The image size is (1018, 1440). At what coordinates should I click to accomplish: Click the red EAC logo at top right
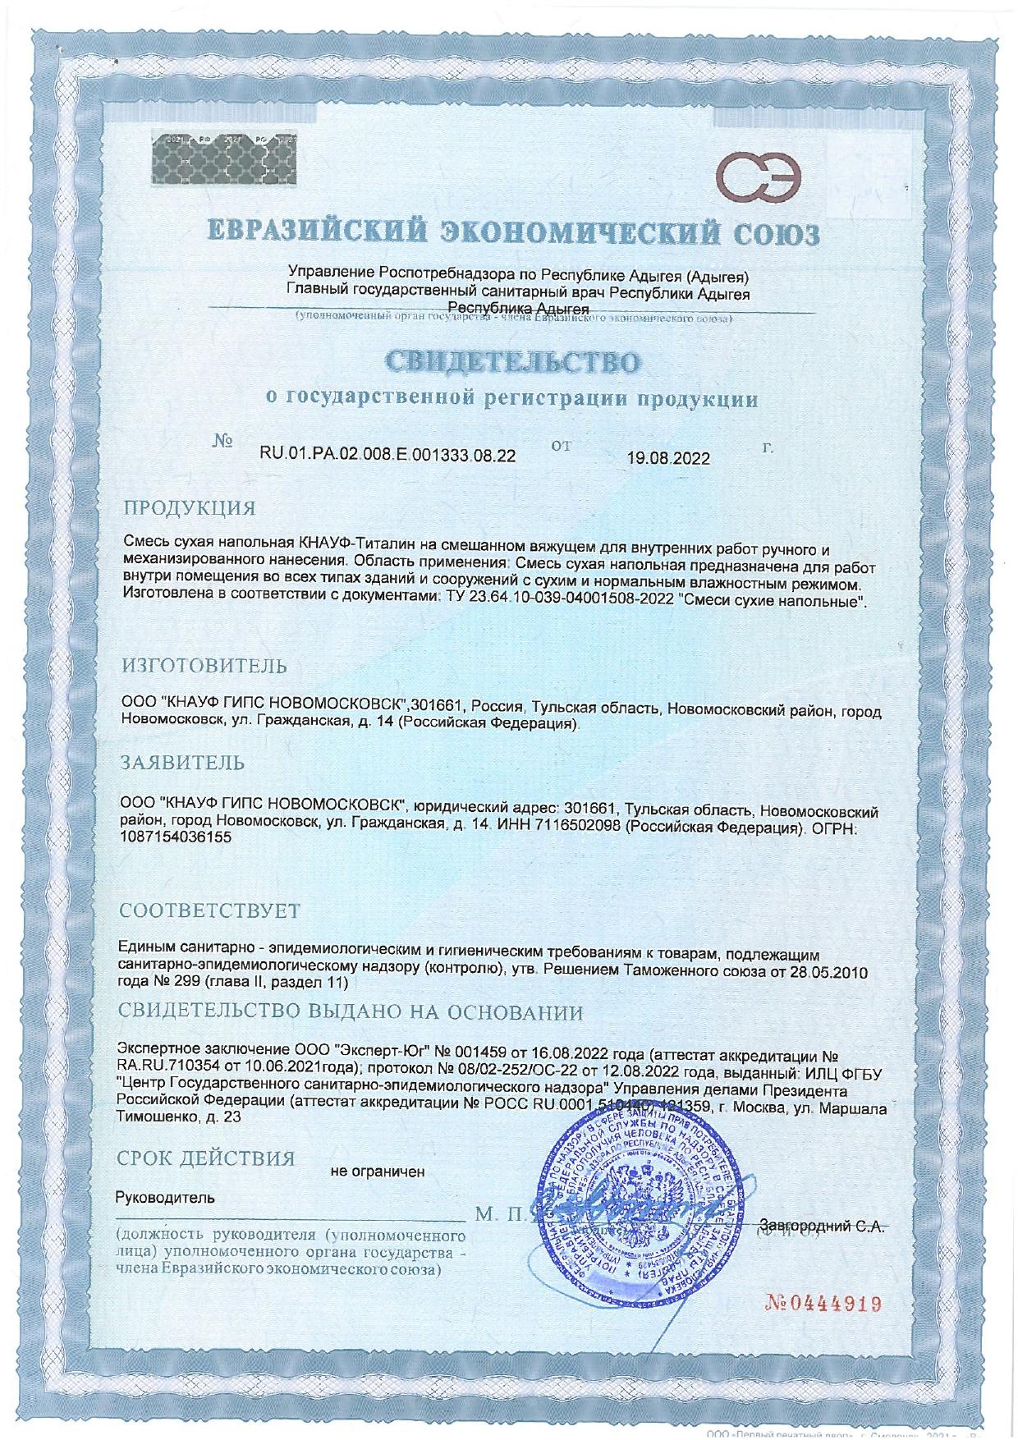coord(759,168)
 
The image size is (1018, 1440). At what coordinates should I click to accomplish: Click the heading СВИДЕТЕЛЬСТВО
coord(512,362)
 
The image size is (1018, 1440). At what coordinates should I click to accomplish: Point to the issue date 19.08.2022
coord(668,459)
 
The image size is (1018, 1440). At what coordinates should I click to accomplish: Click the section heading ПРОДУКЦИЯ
coord(189,507)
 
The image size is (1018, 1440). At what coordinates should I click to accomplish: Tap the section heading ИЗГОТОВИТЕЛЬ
coord(204,666)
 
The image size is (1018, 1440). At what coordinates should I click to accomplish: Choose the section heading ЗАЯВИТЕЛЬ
coord(182,763)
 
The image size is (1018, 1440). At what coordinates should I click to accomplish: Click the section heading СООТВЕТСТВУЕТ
coord(209,911)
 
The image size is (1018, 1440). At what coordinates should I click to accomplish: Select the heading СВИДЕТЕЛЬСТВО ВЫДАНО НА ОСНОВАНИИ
coord(351,1012)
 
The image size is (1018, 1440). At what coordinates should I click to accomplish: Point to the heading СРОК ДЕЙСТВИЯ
coord(206,1159)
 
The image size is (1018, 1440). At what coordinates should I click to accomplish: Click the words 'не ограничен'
coord(377,1172)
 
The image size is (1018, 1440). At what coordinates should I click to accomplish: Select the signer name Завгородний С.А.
coord(822,1227)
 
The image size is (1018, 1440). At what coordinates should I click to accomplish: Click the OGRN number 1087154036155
coord(176,838)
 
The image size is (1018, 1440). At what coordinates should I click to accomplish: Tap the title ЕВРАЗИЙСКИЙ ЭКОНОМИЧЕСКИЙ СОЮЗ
coord(512,235)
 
